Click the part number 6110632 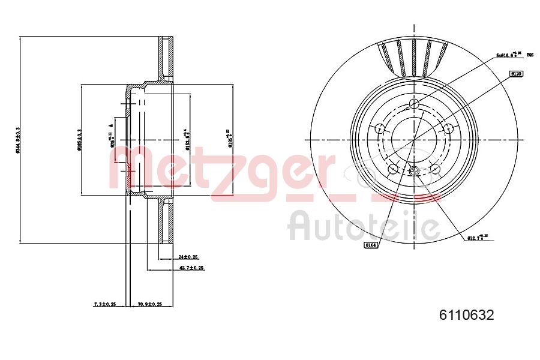pos(467,314)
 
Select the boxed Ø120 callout pos(516,73)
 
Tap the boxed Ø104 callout pos(371,245)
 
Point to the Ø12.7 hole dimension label pos(478,238)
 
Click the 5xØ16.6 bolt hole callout pos(508,55)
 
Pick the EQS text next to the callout pos(530,55)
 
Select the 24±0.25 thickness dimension pos(188,256)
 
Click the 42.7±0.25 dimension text pos(192,268)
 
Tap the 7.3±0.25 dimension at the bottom pos(105,304)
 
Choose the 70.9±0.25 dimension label pos(150,304)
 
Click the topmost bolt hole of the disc pos(413,105)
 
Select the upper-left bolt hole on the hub pos(379,128)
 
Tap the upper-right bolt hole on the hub pos(448,127)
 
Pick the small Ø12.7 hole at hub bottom pos(413,172)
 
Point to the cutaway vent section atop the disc pos(414,57)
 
